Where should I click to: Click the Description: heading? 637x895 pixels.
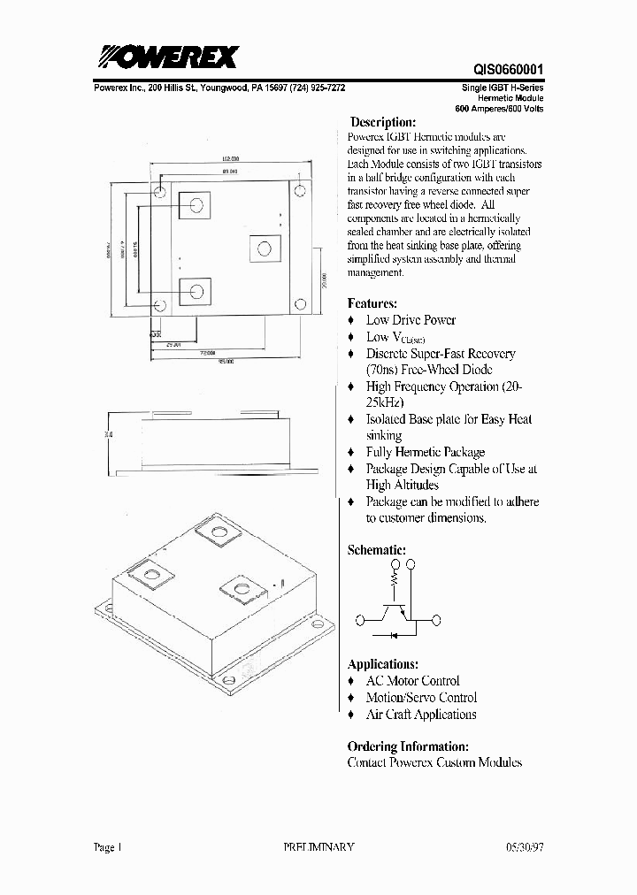[382, 122]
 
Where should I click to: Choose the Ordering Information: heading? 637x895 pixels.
[408, 746]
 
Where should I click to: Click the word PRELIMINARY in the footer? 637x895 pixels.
[318, 846]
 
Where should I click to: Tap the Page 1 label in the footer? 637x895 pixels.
[107, 846]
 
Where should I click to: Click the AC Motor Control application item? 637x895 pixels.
[412, 681]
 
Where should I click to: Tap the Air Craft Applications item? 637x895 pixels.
[421, 715]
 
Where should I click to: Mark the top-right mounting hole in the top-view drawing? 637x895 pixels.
[300, 191]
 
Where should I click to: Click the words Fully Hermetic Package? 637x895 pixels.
[426, 452]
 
